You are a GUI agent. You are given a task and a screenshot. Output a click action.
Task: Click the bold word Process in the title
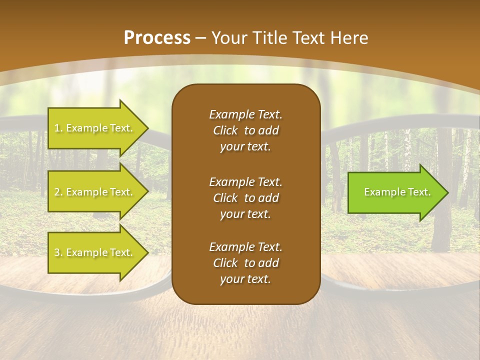pos(157,38)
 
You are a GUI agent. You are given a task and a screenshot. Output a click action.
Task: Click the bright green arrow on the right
pos(395,192)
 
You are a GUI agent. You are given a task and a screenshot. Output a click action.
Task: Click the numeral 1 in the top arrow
pos(57,128)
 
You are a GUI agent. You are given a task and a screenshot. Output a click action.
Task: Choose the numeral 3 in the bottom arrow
pos(57,253)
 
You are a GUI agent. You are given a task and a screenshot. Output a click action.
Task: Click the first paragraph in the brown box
pos(245,130)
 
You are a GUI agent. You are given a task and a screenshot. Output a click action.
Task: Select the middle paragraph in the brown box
pos(245,197)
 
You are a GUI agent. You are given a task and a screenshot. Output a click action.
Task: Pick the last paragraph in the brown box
pos(245,263)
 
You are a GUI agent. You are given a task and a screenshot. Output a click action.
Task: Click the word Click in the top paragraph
pos(225,130)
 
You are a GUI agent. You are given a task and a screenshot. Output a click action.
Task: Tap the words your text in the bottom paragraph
pos(245,279)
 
